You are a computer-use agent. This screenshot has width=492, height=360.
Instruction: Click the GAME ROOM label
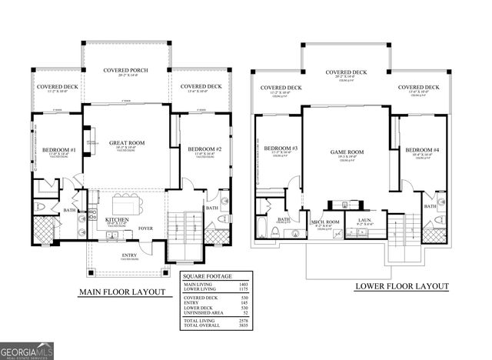tap(347, 152)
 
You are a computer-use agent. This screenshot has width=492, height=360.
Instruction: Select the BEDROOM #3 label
tap(281, 148)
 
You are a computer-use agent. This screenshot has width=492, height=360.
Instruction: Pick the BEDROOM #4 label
tap(422, 149)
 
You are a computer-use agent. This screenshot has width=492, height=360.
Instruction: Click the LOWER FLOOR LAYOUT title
tap(401, 286)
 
